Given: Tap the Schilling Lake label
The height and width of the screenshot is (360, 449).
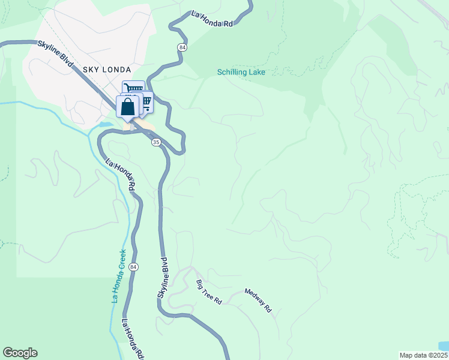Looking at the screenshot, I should [241, 73].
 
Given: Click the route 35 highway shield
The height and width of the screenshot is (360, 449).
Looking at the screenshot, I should [156, 142].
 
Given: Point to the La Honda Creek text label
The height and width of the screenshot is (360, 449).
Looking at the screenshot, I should [118, 275].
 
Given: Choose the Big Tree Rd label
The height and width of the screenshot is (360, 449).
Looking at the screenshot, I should [209, 292].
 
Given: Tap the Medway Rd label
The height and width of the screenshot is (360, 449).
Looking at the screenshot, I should [258, 300].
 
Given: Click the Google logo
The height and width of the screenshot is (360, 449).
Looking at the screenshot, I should [20, 353].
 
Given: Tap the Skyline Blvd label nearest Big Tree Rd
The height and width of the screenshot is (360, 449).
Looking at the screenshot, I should [163, 278].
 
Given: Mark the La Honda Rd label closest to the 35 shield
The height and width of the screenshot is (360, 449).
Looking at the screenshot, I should [120, 175].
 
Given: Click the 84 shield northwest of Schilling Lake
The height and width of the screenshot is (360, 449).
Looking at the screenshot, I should [181, 47].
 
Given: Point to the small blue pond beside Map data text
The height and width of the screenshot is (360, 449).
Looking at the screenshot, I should [443, 346].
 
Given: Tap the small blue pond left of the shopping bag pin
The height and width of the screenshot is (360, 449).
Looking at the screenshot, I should [105, 125].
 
